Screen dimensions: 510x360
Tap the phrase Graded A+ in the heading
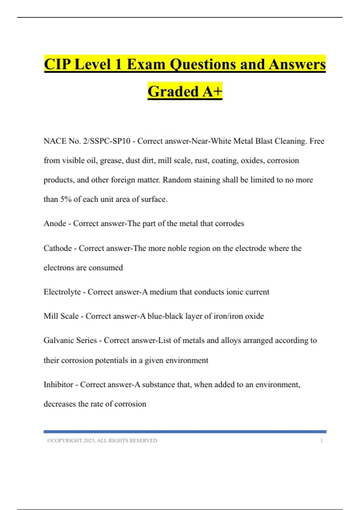point(185,91)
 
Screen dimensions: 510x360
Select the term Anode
point(55,223)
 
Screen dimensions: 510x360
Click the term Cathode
point(58,248)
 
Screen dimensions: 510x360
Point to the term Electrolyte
point(62,292)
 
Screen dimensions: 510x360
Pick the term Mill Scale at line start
point(61,316)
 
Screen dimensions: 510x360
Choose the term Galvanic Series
point(70,340)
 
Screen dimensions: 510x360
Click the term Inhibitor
point(58,385)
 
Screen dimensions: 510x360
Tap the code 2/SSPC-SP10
point(106,141)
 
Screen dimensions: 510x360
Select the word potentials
point(111,360)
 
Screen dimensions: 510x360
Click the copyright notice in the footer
point(102,441)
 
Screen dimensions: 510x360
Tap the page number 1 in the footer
point(322,441)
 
